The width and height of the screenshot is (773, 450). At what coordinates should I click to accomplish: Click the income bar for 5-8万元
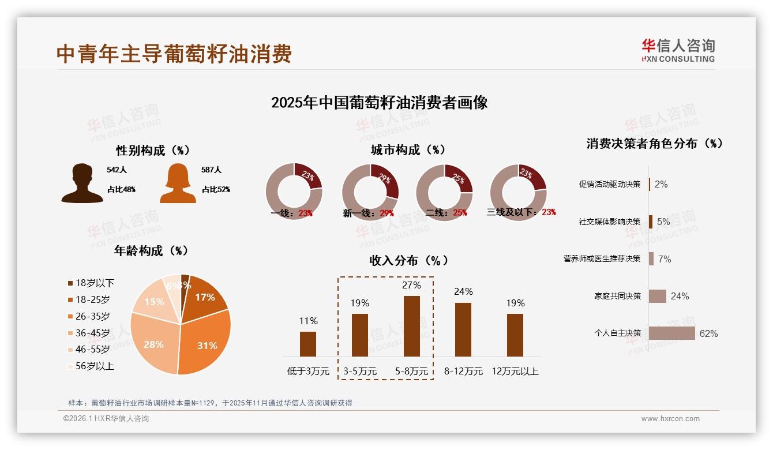pyautogui.click(x=411, y=326)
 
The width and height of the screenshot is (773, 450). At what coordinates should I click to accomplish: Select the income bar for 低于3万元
pyautogui.click(x=308, y=344)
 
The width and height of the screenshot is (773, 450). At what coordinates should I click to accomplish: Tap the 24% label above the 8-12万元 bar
pyautogui.click(x=463, y=292)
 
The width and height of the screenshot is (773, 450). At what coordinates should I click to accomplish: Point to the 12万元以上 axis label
pyautogui.click(x=515, y=372)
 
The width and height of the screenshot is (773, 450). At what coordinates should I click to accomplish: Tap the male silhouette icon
pyautogui.click(x=82, y=183)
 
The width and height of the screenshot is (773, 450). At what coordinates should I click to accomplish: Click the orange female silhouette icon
pyautogui.click(x=178, y=183)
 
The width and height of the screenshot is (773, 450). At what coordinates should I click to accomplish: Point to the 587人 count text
pyautogui.click(x=212, y=170)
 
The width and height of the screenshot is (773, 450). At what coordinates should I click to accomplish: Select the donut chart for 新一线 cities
pyautogui.click(x=370, y=192)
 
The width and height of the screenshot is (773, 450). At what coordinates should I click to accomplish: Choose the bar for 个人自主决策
pyautogui.click(x=671, y=333)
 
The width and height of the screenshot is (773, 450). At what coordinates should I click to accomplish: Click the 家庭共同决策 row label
pyautogui.click(x=618, y=297)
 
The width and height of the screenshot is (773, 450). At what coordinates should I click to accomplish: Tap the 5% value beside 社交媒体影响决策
pyautogui.click(x=663, y=222)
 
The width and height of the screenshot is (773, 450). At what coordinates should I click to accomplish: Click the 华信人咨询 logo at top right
pyautogui.click(x=678, y=50)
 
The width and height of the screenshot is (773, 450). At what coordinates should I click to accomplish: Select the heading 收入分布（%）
pyautogui.click(x=408, y=261)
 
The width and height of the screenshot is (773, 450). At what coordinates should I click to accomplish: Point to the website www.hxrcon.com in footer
pyautogui.click(x=670, y=419)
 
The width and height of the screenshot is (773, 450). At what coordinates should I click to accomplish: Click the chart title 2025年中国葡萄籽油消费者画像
pyautogui.click(x=379, y=103)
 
